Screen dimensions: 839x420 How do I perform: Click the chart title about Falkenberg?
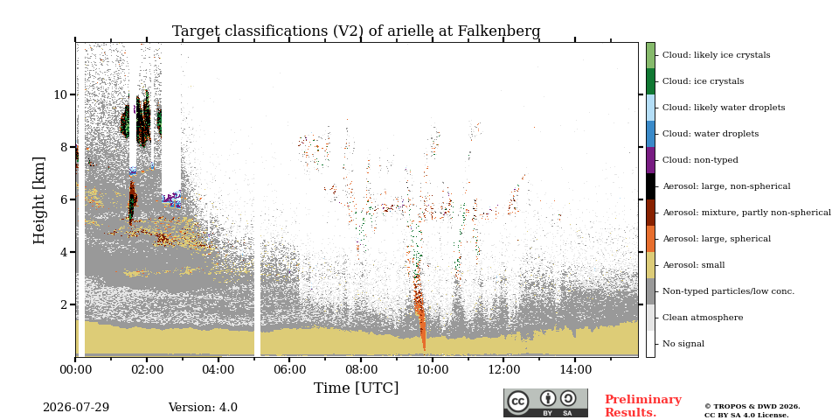tap(356, 31)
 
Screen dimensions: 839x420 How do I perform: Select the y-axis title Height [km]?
tap(39, 199)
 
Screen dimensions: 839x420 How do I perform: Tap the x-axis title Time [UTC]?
tap(356, 388)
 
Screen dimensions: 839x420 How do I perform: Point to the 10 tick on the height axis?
tap(60, 94)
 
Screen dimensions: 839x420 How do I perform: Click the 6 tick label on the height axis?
tap(63, 199)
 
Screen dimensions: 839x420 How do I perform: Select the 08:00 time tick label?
tap(361, 369)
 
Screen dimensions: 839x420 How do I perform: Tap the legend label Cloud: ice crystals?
tap(703, 81)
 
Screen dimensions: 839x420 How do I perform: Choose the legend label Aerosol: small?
tap(694, 265)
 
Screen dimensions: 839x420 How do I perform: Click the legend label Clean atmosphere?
tap(703, 318)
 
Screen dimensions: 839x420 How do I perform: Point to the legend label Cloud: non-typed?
tap(700, 160)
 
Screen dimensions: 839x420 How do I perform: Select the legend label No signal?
tap(683, 344)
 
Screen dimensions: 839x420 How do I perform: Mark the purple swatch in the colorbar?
tap(650, 160)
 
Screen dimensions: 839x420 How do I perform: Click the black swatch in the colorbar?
tap(650, 186)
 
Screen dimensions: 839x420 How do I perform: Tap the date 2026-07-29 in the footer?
tap(76, 408)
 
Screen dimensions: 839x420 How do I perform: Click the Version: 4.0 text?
tap(203, 408)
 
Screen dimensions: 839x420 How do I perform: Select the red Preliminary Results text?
tap(643, 406)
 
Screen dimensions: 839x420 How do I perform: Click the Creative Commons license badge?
tap(545, 402)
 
